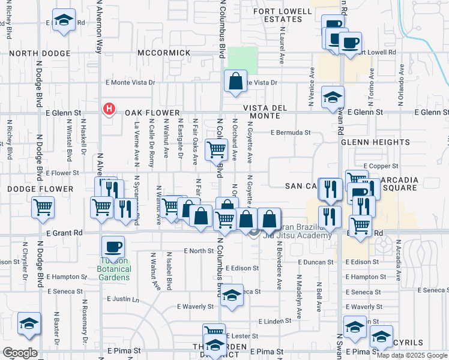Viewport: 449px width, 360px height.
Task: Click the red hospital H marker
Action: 109,109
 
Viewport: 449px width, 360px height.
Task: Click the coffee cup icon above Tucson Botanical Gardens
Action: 113,246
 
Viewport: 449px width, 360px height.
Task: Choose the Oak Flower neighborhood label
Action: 152,113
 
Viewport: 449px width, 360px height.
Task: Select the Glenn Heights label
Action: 375,143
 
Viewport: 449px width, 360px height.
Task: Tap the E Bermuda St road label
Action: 290,133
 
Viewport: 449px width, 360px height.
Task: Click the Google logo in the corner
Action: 20,353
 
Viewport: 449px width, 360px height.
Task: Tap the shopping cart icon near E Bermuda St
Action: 215,150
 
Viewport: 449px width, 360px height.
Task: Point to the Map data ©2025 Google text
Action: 412,355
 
